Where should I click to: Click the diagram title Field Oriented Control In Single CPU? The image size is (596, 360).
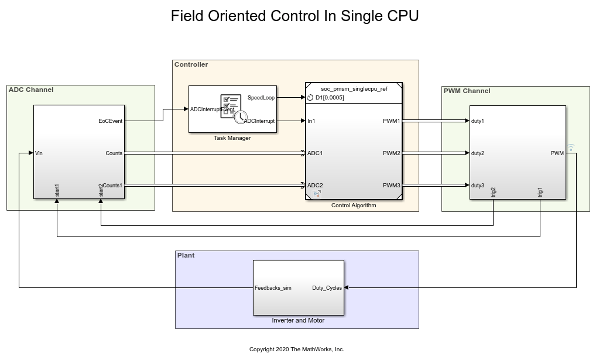[x=294, y=16]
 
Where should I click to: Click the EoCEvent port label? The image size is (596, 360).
[x=111, y=121]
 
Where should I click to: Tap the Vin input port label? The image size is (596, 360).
[x=39, y=153]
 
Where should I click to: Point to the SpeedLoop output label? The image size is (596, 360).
[x=261, y=97]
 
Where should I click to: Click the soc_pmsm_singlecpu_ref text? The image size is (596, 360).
[x=354, y=89]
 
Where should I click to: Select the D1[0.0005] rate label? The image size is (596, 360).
[x=330, y=98]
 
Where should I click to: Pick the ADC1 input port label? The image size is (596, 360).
[x=315, y=153]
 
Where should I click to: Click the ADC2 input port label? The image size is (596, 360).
[x=315, y=186]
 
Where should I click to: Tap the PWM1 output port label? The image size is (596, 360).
[x=392, y=121]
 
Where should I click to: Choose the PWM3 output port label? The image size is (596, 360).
[x=392, y=186]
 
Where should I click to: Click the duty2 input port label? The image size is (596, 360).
[x=478, y=153]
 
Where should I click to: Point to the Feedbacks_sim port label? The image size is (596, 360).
[x=273, y=288]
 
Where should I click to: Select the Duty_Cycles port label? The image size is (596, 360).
[x=327, y=288]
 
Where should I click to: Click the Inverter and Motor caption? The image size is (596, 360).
[x=298, y=320]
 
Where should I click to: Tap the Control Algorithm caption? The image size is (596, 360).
[x=354, y=205]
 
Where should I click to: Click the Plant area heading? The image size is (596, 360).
[x=186, y=255]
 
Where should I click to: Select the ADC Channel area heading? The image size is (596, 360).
[x=31, y=90]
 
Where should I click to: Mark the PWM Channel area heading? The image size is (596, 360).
[x=467, y=91]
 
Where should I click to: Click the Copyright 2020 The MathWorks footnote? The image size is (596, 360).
[x=297, y=349]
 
